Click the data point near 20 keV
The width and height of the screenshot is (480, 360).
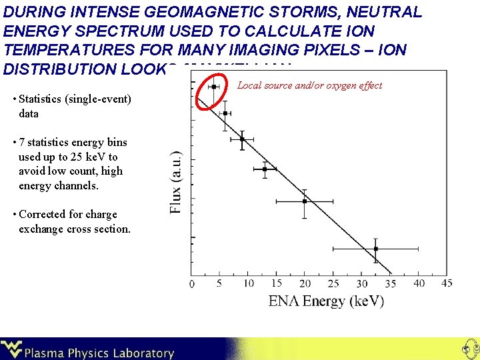[305, 201]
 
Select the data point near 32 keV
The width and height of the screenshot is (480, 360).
[375, 249]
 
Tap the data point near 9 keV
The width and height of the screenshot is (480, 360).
[242, 139]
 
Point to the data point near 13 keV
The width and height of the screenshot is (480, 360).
[265, 169]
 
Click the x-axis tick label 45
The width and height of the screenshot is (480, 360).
[447, 283]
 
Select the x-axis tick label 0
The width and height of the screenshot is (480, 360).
[193, 285]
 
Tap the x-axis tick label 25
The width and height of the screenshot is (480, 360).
[333, 284]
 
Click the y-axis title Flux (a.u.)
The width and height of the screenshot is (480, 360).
[176, 181]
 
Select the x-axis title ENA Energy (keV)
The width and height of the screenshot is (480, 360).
[326, 301]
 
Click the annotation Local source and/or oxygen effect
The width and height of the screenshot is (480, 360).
[310, 85]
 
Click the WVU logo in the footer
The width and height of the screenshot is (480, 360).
[12, 349]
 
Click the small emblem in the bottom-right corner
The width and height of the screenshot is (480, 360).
[468, 348]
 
